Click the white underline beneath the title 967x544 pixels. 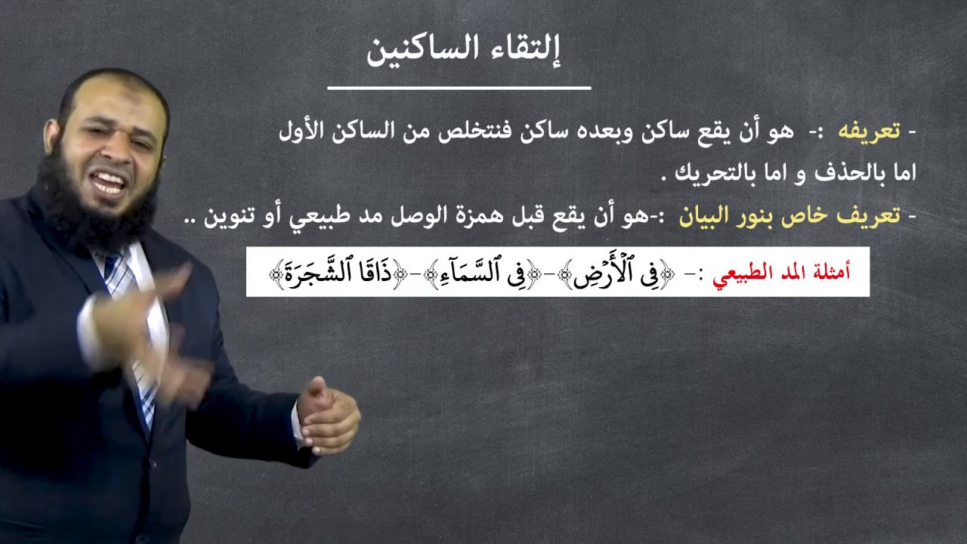(x=459, y=88)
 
